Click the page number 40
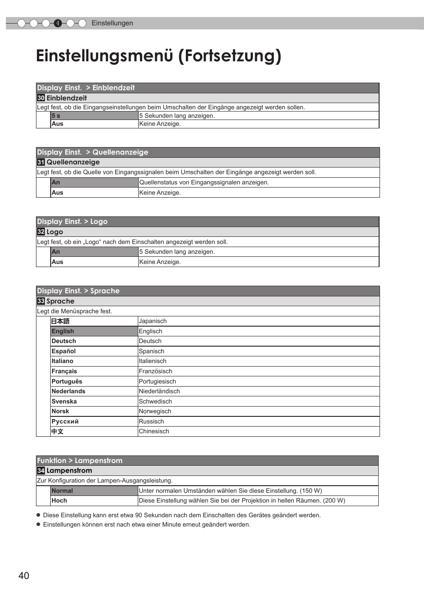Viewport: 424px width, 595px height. (24, 575)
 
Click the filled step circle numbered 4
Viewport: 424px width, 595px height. (58, 23)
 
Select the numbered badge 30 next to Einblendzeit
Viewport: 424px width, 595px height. (41, 98)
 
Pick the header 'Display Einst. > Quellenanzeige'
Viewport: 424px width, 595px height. (92, 152)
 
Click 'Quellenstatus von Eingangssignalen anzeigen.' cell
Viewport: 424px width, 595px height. (204, 182)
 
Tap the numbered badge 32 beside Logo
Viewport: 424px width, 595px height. (41, 232)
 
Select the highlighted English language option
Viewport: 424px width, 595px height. (63, 331)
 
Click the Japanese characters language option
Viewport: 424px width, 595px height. (60, 321)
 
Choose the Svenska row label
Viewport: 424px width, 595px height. (64, 401)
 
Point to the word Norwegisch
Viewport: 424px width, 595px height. (155, 411)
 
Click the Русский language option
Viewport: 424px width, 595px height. (65, 421)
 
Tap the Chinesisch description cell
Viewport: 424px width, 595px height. (154, 431)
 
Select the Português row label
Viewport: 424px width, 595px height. (67, 381)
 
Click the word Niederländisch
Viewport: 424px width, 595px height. (159, 391)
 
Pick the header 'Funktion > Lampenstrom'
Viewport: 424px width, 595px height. (80, 460)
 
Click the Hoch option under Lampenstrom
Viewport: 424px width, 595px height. (59, 500)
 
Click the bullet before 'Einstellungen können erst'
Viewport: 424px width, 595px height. (38, 524)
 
